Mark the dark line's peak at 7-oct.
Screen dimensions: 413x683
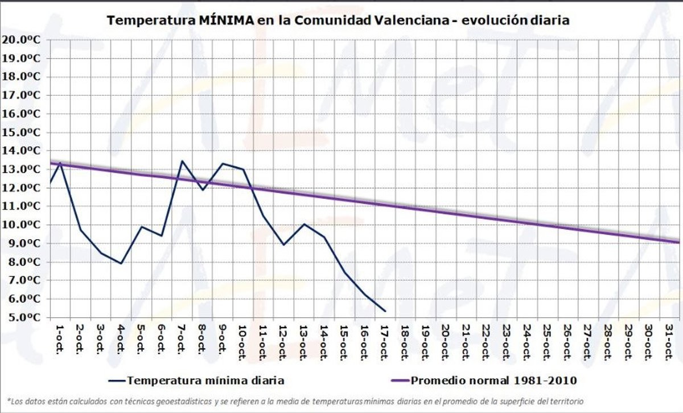pos(182,161)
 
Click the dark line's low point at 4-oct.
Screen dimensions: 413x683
pos(121,263)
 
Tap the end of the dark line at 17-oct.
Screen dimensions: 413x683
pos(385,311)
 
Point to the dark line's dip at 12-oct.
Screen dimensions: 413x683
pos(283,244)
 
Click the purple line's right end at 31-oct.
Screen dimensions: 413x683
pos(679,242)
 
